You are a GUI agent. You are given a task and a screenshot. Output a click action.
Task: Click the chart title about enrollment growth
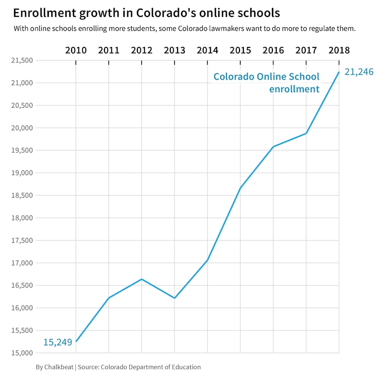[146, 13]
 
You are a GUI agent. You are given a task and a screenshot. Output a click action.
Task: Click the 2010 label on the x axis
[76, 50]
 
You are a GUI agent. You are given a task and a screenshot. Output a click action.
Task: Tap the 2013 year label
[175, 50]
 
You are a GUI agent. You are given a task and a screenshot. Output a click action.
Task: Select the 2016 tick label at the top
[273, 50]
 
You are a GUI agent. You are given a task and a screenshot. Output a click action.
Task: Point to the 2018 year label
[339, 50]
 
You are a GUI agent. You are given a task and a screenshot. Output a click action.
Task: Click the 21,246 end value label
[359, 72]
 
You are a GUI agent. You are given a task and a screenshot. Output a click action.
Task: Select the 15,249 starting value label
[58, 342]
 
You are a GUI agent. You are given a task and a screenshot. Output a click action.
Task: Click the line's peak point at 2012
[142, 279]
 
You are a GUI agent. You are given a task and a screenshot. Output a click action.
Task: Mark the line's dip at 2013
[175, 298]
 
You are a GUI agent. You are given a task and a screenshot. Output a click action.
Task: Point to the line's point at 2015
[240, 188]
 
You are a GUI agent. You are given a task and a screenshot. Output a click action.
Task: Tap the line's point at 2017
[306, 133]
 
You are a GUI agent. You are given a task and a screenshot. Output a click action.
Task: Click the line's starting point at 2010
[76, 341]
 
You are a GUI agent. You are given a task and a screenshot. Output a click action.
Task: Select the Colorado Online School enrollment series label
[267, 83]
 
